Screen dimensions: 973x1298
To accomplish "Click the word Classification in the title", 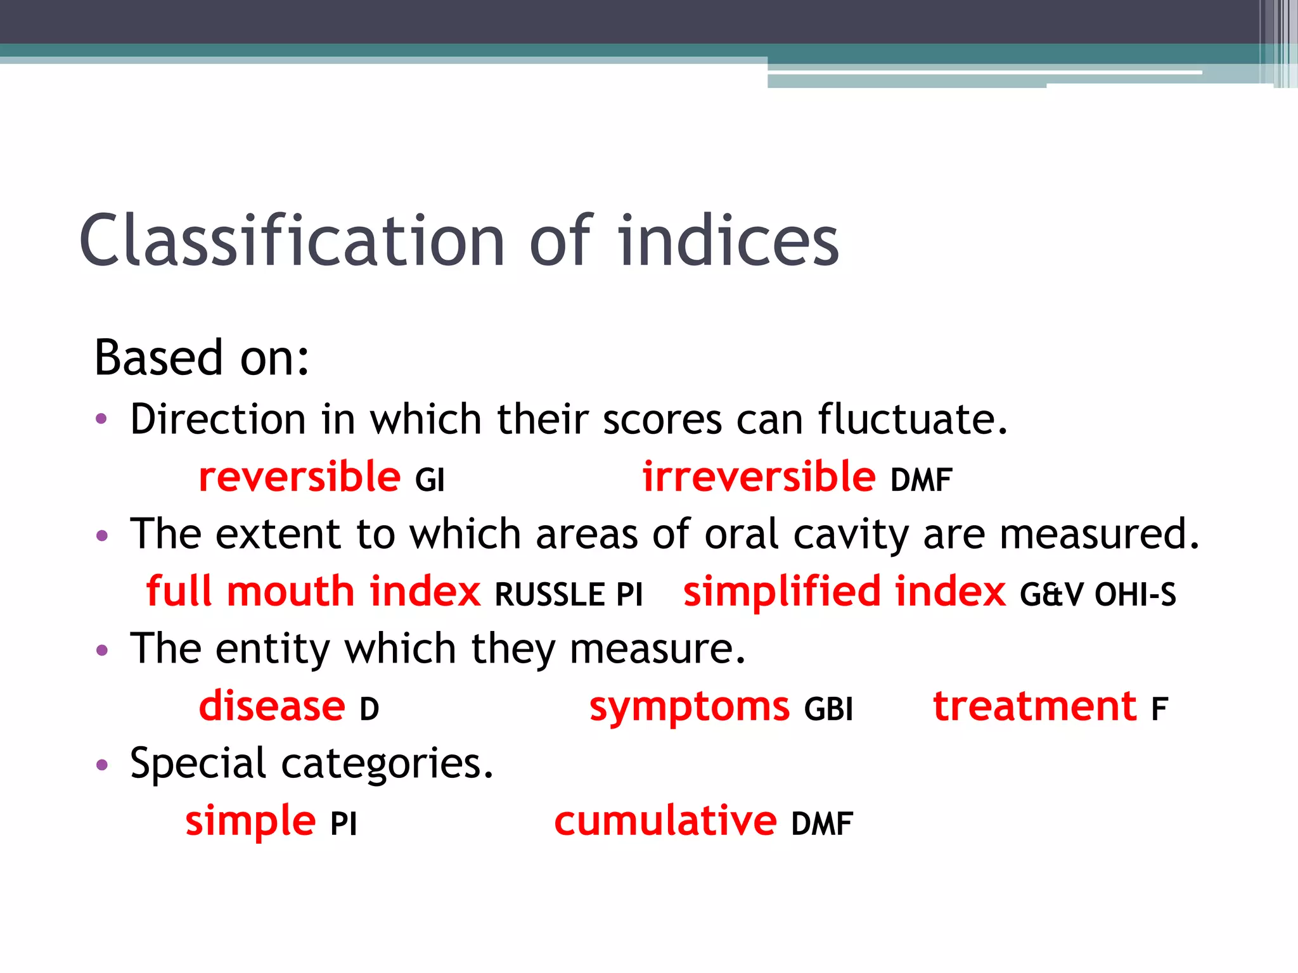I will [x=292, y=241].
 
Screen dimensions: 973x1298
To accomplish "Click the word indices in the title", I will [x=728, y=241].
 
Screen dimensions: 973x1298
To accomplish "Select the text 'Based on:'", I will [x=202, y=358].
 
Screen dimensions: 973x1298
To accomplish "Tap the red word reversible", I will [x=299, y=477].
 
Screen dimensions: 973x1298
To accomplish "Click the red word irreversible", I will [x=759, y=477].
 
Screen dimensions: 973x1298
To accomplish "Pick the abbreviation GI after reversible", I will [x=430, y=480].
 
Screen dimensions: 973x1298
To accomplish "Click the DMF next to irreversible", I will [x=921, y=480].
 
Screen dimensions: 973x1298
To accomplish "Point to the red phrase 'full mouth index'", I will [x=313, y=592].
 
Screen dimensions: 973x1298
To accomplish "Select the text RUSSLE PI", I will [x=569, y=595].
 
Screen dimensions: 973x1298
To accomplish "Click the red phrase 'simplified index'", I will [x=844, y=592].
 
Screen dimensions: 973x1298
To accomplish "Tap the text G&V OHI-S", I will [x=1098, y=595].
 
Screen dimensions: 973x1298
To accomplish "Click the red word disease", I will [x=272, y=706].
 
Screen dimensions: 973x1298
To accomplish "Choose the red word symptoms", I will [x=690, y=706].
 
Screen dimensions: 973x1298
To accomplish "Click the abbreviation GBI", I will [x=828, y=709].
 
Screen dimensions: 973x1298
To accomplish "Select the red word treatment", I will [x=1035, y=706].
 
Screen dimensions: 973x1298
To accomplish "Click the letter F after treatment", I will [x=1159, y=709].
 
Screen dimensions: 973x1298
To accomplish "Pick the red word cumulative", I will [x=665, y=821].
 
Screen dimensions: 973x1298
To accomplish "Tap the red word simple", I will [x=250, y=821].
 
